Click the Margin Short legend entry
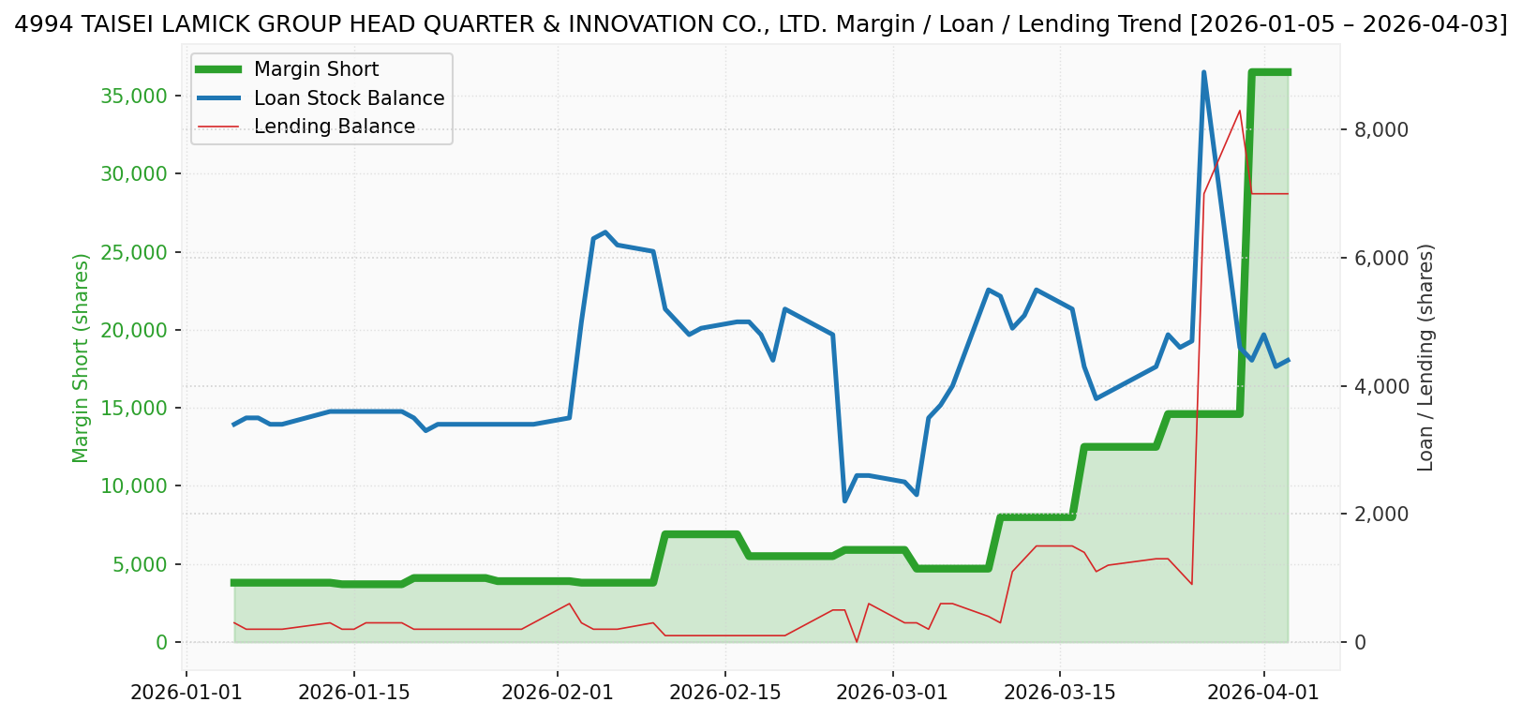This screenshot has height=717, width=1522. (316, 69)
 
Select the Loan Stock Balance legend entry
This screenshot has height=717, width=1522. (349, 98)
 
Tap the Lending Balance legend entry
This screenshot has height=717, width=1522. (334, 127)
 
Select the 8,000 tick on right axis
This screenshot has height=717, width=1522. (1381, 130)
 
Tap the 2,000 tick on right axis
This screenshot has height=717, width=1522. (1381, 515)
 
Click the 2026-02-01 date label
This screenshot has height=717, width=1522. (558, 693)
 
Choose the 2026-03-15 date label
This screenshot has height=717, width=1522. (1060, 693)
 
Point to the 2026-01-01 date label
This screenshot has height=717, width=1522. (187, 693)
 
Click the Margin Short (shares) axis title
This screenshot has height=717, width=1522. (82, 358)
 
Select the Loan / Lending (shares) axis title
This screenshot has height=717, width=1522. (1425, 358)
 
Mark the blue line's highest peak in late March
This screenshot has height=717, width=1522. (1203, 72)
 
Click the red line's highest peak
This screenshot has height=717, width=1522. (1240, 111)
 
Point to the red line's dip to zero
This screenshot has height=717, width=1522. (857, 641)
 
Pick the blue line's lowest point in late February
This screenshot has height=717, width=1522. (844, 501)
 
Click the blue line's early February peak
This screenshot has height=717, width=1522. (605, 232)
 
